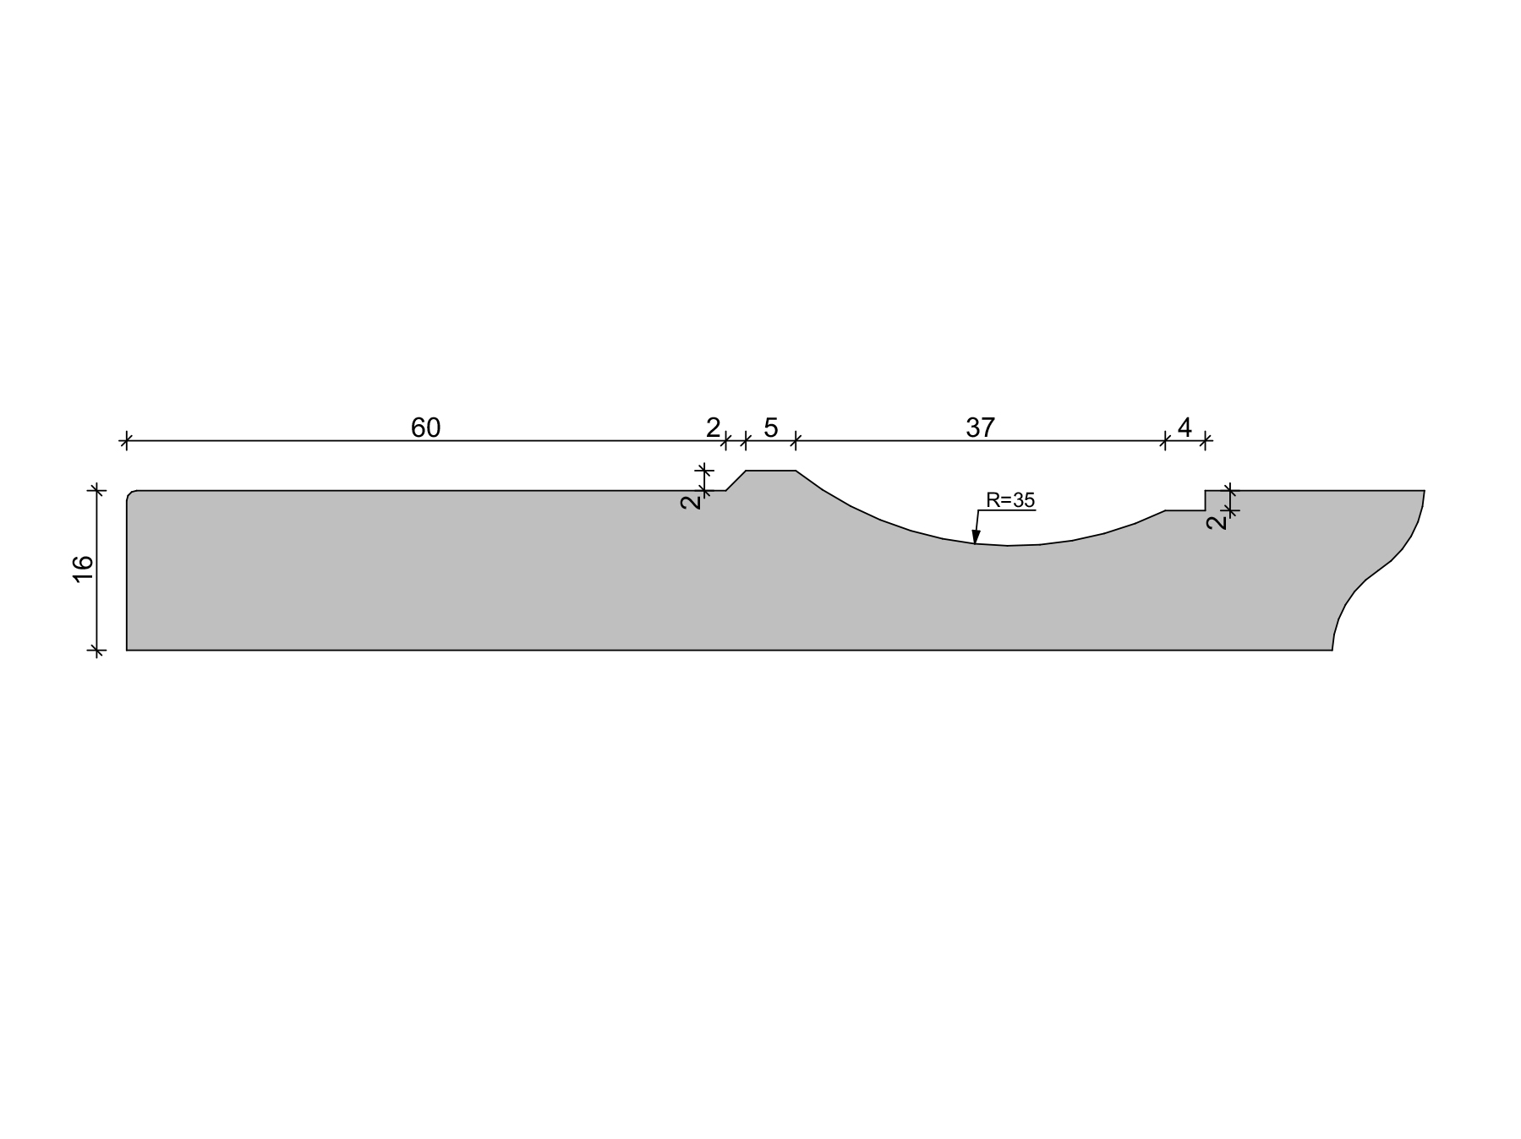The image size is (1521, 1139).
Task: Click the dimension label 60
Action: click(425, 428)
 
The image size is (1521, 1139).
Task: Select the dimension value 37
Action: click(980, 428)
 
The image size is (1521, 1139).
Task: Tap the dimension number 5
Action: click(770, 428)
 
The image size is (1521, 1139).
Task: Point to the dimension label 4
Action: click(1185, 428)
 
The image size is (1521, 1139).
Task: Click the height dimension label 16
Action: click(84, 569)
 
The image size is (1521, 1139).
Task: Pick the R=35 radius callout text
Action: click(1010, 500)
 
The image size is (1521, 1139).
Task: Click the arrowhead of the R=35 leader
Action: click(976, 537)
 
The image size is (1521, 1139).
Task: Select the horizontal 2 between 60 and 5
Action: click(714, 428)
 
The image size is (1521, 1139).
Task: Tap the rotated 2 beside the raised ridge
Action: click(691, 501)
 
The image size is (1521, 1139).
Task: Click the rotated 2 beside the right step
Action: click(1217, 521)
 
